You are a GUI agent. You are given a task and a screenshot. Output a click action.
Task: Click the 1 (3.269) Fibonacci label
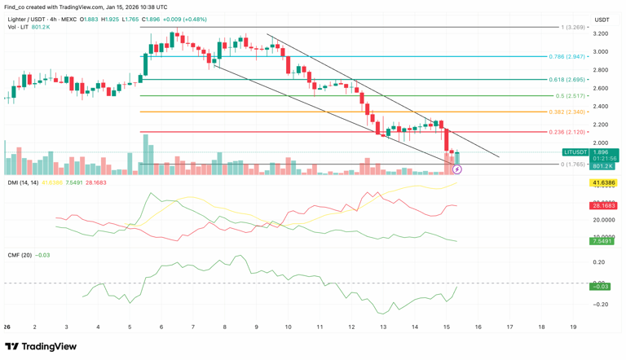pos(572,27)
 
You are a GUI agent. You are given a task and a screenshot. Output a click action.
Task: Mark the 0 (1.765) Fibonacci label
pos(572,165)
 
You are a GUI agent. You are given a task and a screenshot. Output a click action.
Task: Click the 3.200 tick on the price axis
pos(601,33)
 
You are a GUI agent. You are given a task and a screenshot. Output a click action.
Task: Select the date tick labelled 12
pos(351,327)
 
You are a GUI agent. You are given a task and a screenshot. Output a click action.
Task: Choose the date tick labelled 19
pos(573,327)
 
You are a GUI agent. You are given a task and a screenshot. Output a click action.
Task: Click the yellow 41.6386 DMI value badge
pos(604,183)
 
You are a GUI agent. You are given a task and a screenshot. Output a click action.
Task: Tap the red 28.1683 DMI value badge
pos(604,206)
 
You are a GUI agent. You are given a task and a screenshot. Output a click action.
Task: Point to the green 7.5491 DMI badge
pos(604,241)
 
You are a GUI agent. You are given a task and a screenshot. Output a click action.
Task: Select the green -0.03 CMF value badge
pos(601,287)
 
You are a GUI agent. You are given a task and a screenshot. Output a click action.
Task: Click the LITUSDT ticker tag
pos(575,152)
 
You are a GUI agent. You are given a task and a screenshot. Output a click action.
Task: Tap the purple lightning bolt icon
pos(457,169)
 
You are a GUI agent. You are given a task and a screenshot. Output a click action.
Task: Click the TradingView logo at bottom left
pos(41,347)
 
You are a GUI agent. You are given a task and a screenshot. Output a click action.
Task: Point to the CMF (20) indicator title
pos(20,255)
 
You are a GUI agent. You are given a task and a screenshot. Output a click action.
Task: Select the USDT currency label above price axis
pos(602,20)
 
